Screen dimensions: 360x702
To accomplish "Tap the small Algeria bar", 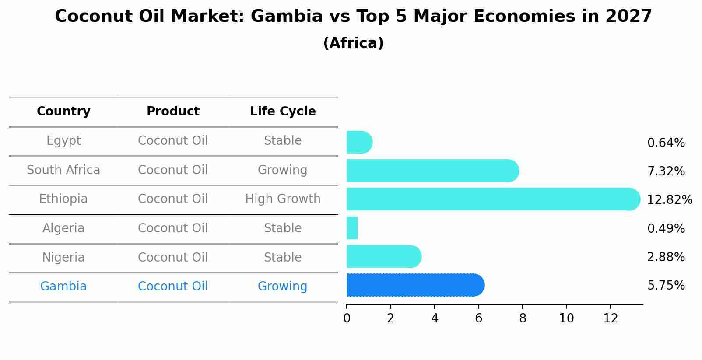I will coord(352,228).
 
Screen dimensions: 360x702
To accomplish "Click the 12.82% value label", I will coord(669,200).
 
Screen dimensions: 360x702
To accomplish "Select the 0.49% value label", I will coord(666,228).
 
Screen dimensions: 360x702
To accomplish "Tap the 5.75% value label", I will coord(666,286).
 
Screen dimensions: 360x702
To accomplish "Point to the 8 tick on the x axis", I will coord(523,318).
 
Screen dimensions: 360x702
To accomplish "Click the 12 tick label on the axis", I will coord(610,318).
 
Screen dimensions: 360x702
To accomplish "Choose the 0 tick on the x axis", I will coord(347,318).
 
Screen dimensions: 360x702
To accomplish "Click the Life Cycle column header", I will coord(283,112).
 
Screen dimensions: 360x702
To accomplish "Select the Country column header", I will coord(63,112).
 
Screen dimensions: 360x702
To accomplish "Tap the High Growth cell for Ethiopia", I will coord(283,199).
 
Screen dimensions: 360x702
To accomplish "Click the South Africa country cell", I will coord(63,170).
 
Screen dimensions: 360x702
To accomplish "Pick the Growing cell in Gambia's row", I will coord(282,287).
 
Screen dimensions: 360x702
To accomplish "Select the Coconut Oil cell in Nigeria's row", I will coord(173,257).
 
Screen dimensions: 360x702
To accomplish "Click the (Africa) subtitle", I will coord(353,43).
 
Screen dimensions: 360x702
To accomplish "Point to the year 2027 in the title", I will coord(628,17).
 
